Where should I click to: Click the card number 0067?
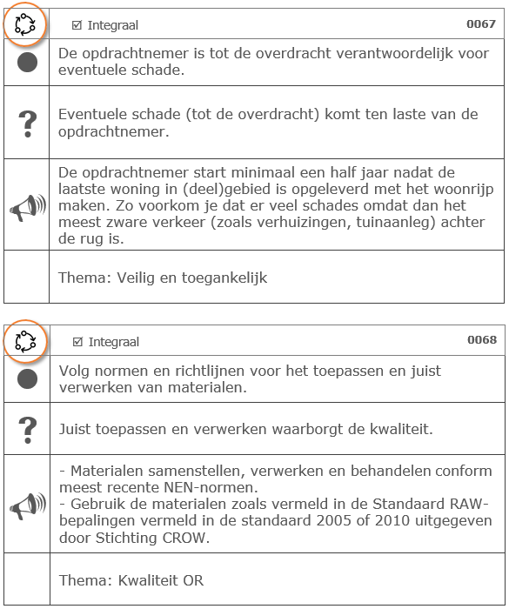point(481,24)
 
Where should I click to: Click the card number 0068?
point(481,339)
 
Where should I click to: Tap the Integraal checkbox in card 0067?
point(77,26)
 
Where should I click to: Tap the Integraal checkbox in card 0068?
point(77,342)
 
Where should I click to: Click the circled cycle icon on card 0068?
point(26,340)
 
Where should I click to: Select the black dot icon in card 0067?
point(27,63)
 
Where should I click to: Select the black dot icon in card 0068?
point(27,378)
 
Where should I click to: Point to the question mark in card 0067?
point(27,123)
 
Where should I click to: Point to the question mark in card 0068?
point(27,429)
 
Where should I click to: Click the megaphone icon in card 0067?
point(27,206)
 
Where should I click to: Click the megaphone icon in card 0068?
point(27,505)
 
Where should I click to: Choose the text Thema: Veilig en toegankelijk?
point(163,278)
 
